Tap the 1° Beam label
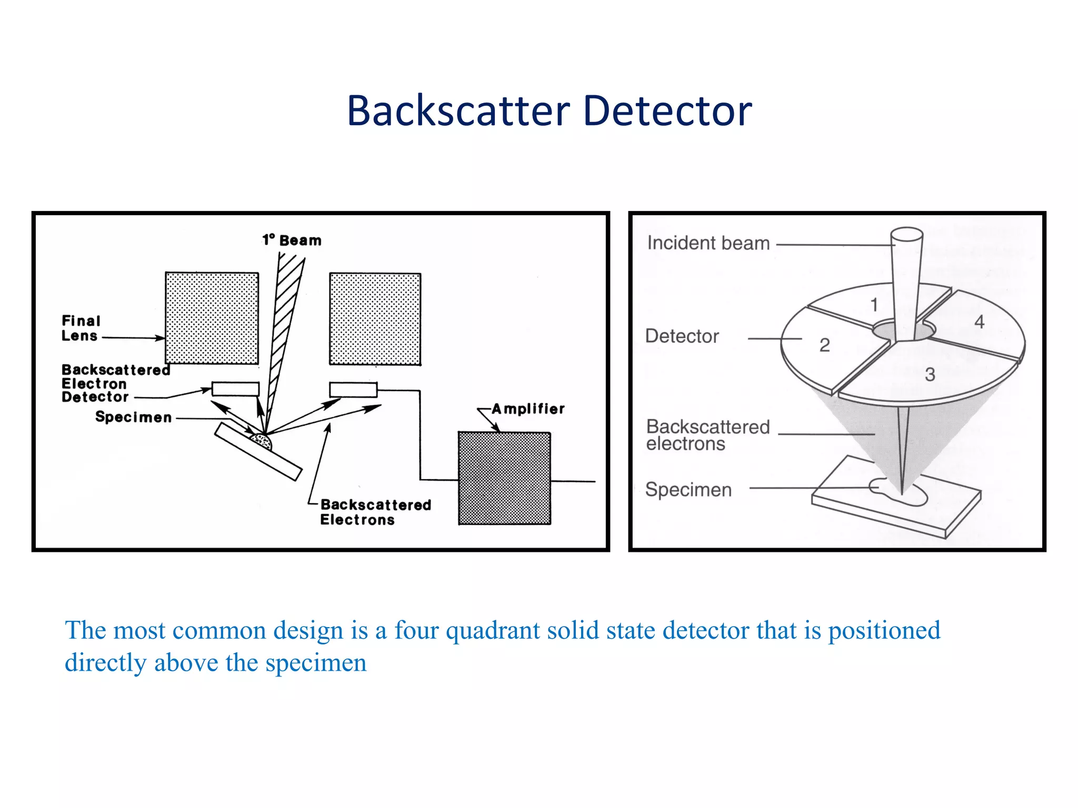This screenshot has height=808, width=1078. pyautogui.click(x=292, y=240)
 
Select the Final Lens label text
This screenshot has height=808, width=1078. pyautogui.click(x=81, y=328)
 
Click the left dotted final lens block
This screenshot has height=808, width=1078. pyautogui.click(x=212, y=318)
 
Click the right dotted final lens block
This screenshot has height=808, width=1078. pyautogui.click(x=375, y=319)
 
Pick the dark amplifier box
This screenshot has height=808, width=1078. pyautogui.click(x=504, y=478)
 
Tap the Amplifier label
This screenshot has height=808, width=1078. pyautogui.click(x=528, y=409)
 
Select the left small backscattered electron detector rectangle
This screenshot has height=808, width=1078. pyautogui.click(x=235, y=389)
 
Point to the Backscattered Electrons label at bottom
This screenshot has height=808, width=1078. pyautogui.click(x=375, y=512)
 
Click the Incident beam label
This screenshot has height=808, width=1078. pyautogui.click(x=708, y=243)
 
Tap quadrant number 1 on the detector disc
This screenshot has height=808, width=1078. pyautogui.click(x=874, y=305)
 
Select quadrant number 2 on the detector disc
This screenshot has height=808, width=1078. pyautogui.click(x=824, y=345)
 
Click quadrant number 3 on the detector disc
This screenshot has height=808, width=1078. pyautogui.click(x=930, y=375)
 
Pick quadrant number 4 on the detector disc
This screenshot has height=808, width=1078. pyautogui.click(x=979, y=321)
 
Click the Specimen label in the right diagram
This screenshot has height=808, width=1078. pyautogui.click(x=688, y=489)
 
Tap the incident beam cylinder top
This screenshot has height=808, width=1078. pyautogui.click(x=906, y=234)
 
